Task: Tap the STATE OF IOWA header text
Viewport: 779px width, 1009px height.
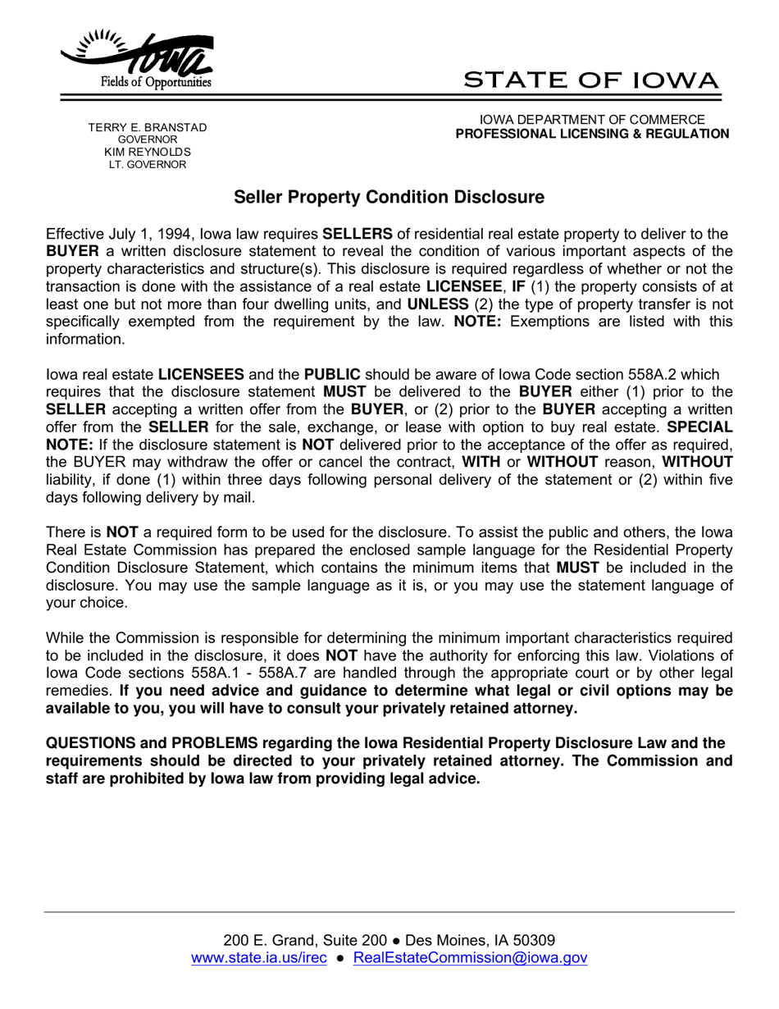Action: click(591, 80)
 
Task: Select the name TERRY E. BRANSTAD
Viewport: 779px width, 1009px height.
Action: click(148, 127)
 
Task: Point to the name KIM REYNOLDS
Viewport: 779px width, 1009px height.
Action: click(148, 152)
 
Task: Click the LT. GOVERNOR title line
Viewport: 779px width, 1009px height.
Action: click(148, 164)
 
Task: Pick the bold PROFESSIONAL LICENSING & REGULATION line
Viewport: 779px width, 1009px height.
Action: click(592, 134)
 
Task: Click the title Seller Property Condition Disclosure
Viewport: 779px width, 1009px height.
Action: click(389, 197)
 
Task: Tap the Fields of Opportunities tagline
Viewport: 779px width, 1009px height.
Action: click(156, 83)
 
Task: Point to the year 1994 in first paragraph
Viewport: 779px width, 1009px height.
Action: click(177, 233)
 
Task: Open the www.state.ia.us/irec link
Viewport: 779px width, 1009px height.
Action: click(259, 957)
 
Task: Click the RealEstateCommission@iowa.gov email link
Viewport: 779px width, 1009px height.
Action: click(470, 957)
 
